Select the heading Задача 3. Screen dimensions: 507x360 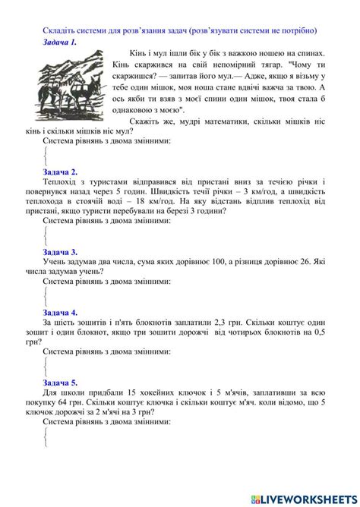60,251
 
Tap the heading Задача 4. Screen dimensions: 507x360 60,312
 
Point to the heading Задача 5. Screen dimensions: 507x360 60,383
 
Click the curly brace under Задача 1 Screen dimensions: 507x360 46,156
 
